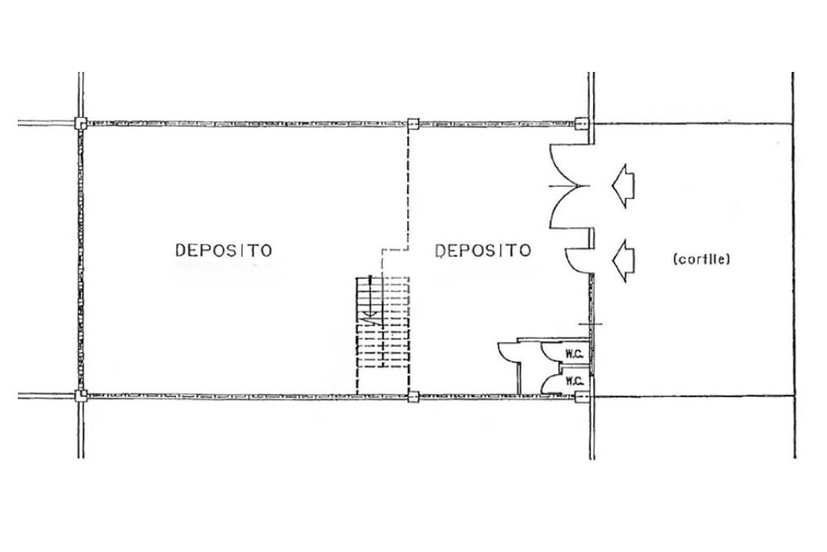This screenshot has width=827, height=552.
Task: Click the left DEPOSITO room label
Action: (224, 251)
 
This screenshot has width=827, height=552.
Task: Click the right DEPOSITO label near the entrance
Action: (483, 251)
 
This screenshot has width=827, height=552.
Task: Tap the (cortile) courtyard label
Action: (701, 259)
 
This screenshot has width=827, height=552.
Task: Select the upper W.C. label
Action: (574, 353)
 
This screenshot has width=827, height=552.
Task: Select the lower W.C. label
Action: (574, 381)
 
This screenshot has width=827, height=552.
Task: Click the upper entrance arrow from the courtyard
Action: (623, 185)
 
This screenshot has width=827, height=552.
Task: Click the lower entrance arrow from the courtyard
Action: (623, 259)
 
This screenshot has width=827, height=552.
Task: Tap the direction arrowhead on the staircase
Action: (369, 314)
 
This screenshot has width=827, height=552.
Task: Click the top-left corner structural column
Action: (80, 124)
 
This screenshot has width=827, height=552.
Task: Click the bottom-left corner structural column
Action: (80, 395)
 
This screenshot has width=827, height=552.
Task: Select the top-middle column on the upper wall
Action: (413, 124)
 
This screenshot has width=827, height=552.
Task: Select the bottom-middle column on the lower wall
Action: (413, 396)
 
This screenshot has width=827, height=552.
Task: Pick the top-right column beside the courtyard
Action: (581, 124)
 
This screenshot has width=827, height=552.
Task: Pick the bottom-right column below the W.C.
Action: (581, 396)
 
